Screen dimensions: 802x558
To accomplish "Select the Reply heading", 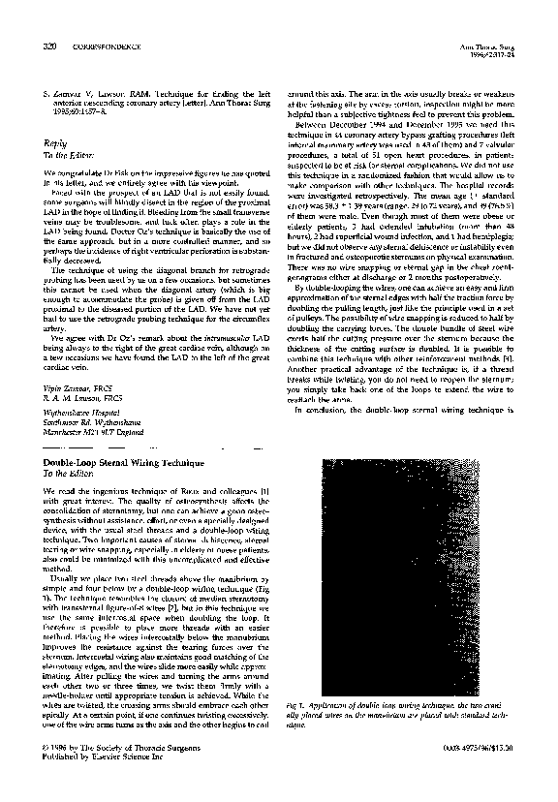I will tap(56, 139).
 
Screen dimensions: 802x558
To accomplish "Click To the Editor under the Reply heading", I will tap(67, 153).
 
